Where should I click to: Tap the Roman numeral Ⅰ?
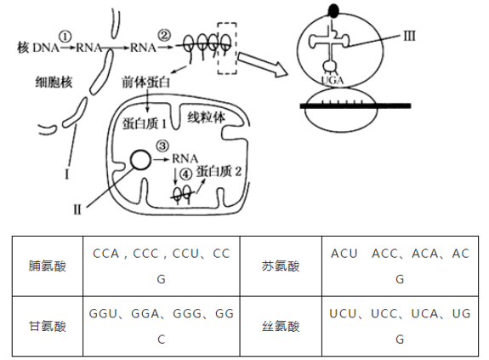(x=65, y=175)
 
